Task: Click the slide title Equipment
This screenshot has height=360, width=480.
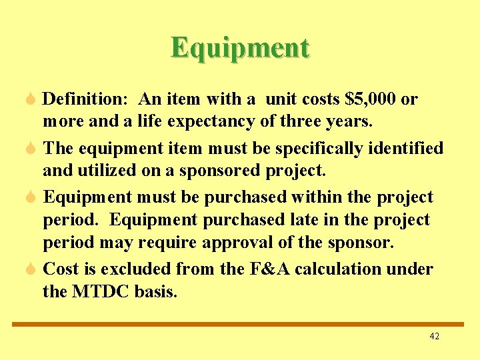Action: pos(240,48)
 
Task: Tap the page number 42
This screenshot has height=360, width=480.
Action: pos(434,337)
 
